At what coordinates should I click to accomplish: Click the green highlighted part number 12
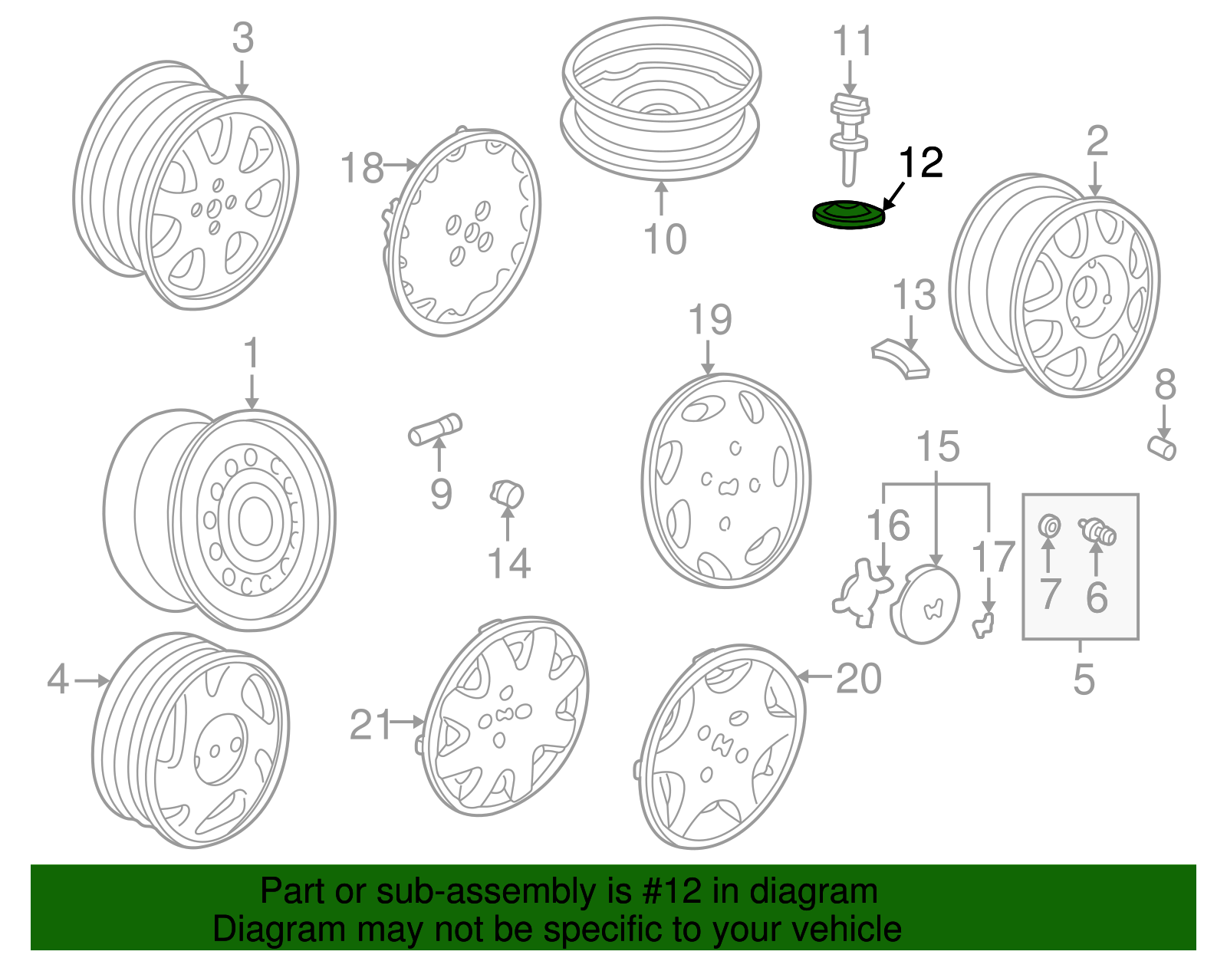[x=848, y=215]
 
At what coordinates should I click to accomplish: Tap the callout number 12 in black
[x=920, y=163]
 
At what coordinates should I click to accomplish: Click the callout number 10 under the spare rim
[x=665, y=239]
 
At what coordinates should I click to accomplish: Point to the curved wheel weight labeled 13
[x=902, y=359]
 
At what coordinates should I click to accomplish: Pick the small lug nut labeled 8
[x=1163, y=447]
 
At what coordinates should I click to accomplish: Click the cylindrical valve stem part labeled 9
[x=435, y=429]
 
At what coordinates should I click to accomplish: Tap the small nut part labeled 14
[x=507, y=493]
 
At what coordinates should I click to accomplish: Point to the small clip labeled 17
[x=983, y=624]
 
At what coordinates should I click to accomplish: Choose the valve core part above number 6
[x=1097, y=531]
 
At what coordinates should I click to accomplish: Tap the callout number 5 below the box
[x=1083, y=679]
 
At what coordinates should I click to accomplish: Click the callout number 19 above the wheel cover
[x=709, y=320]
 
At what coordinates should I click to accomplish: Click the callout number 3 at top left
[x=242, y=38]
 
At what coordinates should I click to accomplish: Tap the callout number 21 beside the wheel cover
[x=371, y=724]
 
